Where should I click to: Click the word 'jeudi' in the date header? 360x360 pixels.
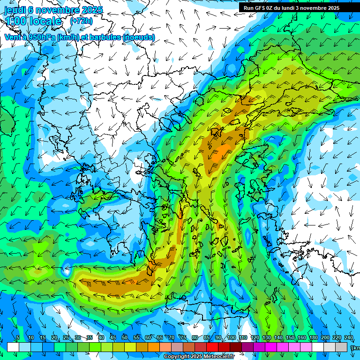pos(16,10)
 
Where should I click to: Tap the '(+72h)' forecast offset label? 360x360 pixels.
pos(81,21)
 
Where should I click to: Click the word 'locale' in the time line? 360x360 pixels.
pos(45,22)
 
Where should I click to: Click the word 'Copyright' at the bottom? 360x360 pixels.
pos(177,357)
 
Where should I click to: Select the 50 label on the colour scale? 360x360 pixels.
pos(124,338)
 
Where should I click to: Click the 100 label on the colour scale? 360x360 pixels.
pos(231,338)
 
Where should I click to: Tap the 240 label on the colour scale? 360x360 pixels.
pos(348,338)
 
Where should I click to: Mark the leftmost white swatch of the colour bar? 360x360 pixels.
pos(13,347)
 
